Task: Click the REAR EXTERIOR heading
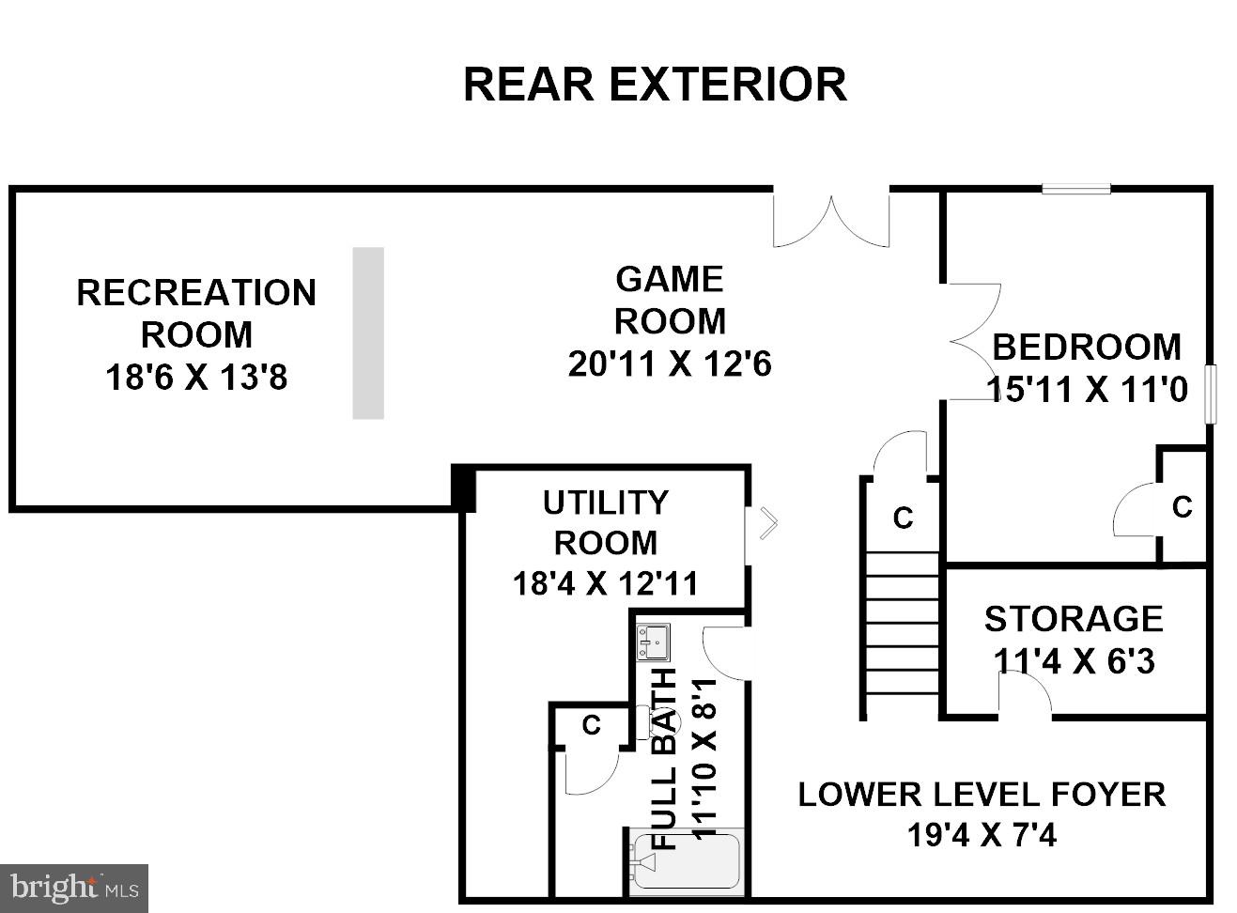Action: click(655, 85)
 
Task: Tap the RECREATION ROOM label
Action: click(196, 314)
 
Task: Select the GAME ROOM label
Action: click(670, 300)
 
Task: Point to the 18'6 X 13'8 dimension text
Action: click(196, 377)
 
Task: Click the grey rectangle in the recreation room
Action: click(368, 333)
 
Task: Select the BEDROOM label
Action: click(1087, 347)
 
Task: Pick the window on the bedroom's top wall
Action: click(1076, 190)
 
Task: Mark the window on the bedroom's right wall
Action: click(1210, 395)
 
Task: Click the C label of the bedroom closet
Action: click(1182, 507)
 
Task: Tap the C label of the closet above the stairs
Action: click(903, 518)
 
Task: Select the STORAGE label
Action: click(1074, 619)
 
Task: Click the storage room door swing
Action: click(1025, 692)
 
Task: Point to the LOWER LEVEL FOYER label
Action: click(982, 795)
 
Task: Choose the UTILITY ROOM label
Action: click(606, 522)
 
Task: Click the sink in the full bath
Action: click(653, 642)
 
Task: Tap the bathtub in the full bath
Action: click(687, 861)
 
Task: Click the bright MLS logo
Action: click(74, 888)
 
